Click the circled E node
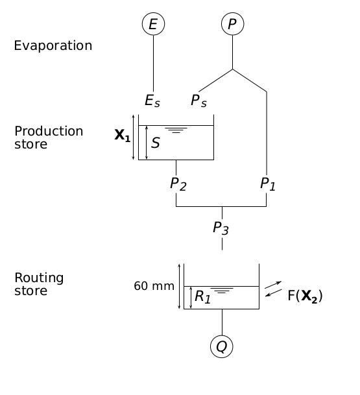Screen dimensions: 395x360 coord(153,24)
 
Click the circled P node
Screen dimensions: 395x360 coord(232,24)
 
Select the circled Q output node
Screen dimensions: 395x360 coord(221,347)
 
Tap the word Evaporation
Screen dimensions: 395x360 coord(53,46)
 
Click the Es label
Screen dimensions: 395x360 coord(152,101)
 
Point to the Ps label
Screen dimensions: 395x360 coord(198,101)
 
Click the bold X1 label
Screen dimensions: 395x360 coord(122,136)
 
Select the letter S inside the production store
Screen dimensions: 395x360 coord(156,143)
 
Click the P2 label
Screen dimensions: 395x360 coord(178,184)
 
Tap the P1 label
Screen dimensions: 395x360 coord(268,184)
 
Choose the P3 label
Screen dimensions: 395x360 coord(221,228)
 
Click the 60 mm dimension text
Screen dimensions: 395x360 coord(154,286)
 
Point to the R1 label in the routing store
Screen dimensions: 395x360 coord(203,297)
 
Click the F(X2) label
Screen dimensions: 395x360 coord(305,296)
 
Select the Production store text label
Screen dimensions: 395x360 coord(49,138)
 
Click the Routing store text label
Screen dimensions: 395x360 coord(39,284)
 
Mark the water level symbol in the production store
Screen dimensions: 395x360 coord(176,130)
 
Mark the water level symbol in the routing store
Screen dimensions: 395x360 coord(221,291)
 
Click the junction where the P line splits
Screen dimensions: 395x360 coord(232,69)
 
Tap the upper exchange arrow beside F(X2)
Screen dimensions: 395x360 coord(273,284)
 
